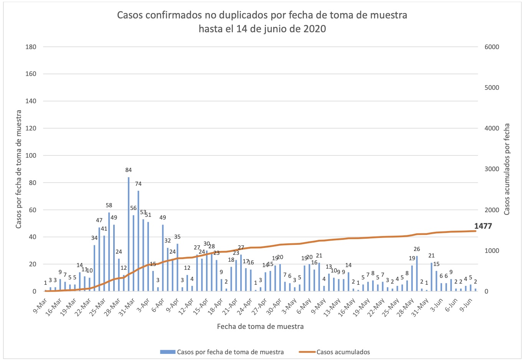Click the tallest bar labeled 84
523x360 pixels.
129,234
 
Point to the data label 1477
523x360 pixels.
483,226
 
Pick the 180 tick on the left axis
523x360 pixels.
31,47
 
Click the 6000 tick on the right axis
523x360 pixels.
492,47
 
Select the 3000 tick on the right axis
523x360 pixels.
492,169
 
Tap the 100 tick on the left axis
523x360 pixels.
31,155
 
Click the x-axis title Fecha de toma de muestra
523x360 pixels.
260,327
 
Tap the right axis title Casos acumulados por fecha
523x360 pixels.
507,169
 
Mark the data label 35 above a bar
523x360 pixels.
177,237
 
